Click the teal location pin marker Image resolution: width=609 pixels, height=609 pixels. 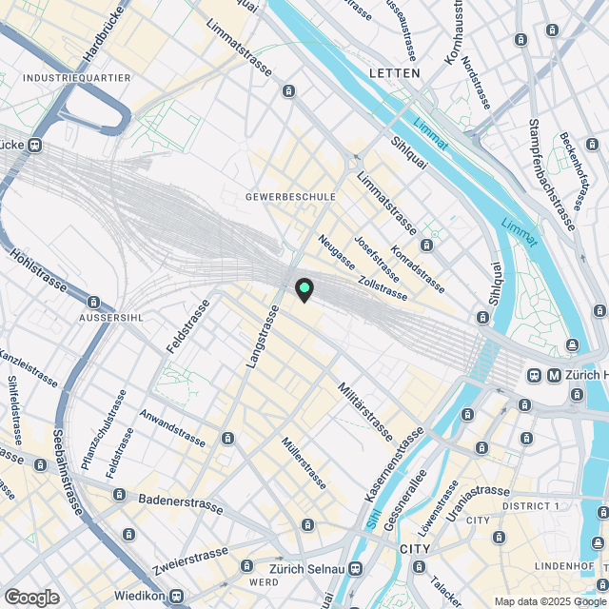[x=304, y=289]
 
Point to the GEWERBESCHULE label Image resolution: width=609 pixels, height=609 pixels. [x=290, y=197]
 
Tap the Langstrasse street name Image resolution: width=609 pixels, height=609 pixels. [x=261, y=337]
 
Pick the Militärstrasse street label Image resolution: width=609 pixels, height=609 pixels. [x=364, y=410]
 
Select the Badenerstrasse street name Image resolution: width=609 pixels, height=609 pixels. [x=181, y=503]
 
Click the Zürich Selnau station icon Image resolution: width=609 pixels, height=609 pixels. [x=355, y=569]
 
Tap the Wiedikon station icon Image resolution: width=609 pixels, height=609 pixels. [x=177, y=597]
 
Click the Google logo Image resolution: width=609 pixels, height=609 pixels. [x=31, y=598]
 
